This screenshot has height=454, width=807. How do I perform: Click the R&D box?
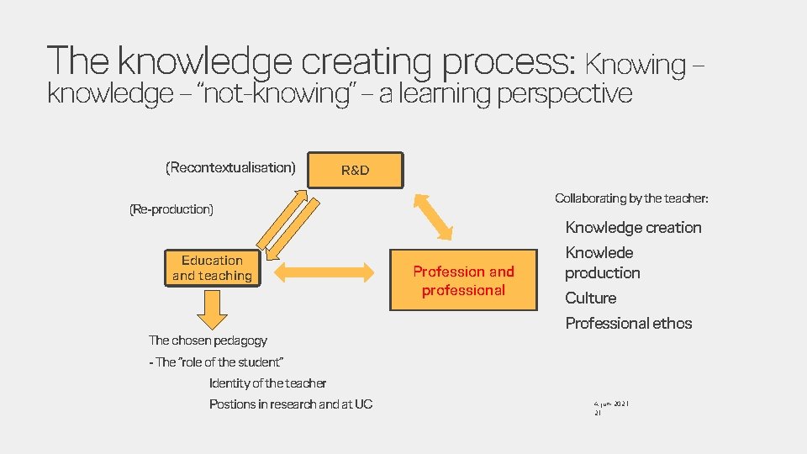(356, 170)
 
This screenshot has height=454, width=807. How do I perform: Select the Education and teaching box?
(212, 268)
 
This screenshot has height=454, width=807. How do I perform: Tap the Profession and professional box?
(463, 281)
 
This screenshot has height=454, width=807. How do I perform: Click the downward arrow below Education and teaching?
(212, 309)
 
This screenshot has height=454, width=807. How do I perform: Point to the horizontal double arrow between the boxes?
(324, 272)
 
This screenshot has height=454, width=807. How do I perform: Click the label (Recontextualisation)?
(231, 167)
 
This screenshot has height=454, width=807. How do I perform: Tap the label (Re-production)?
(171, 209)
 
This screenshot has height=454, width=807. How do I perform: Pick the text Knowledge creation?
(633, 227)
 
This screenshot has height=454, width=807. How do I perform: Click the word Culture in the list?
(591, 298)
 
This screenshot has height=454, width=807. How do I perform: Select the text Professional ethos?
(629, 323)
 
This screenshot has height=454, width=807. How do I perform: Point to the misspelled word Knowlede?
(599, 252)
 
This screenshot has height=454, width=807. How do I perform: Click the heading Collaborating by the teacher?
(631, 198)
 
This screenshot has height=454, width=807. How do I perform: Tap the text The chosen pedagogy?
(208, 340)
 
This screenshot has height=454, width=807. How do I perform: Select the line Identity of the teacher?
(267, 383)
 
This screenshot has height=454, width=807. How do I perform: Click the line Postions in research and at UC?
(291, 404)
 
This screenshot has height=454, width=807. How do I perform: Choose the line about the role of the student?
(216, 362)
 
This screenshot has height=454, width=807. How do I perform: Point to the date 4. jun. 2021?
(612, 404)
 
